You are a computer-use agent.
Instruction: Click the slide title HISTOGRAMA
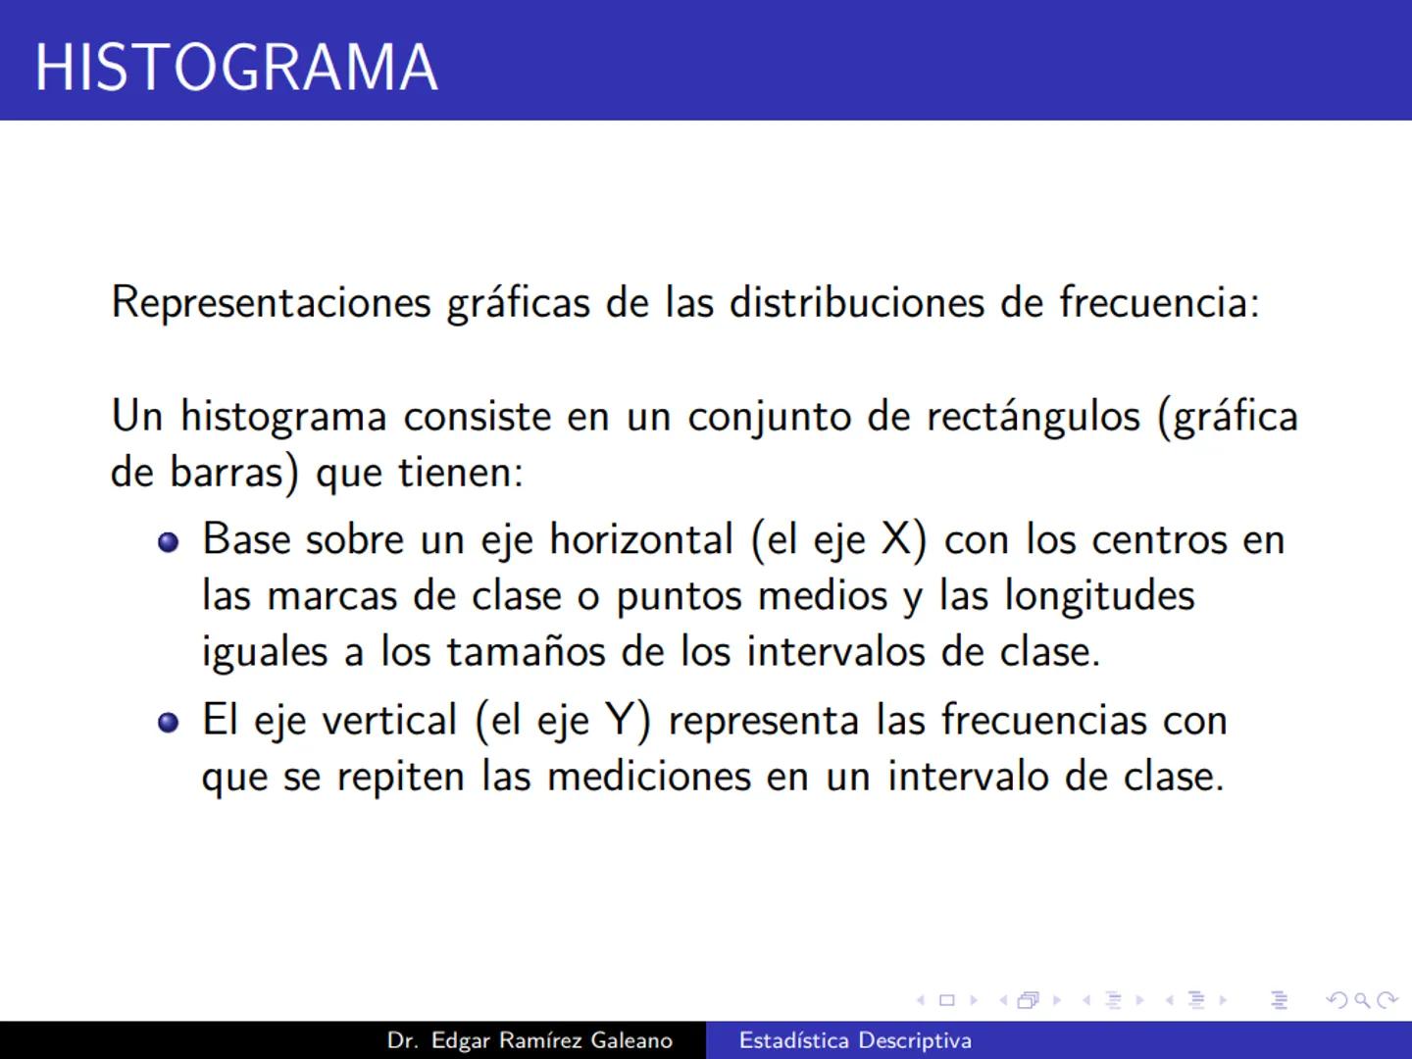click(236, 67)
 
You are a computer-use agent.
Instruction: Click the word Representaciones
click(271, 302)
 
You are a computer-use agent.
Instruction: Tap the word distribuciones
click(856, 302)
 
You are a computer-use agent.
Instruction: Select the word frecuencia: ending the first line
click(1159, 302)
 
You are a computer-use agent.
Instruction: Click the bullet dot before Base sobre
click(169, 542)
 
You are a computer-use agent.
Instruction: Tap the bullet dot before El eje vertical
click(169, 723)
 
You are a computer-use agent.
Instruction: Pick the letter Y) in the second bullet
click(628, 721)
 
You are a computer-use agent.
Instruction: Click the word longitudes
click(1099, 596)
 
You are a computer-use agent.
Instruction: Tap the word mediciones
click(648, 777)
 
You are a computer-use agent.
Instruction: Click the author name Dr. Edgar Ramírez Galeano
click(529, 1040)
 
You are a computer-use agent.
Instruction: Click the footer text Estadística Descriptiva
click(855, 1040)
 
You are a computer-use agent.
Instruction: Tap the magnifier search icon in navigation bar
click(1362, 1000)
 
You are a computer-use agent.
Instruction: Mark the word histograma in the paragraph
click(283, 417)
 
